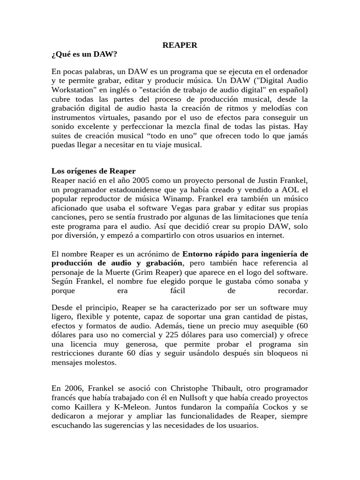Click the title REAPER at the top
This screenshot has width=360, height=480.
point(180,45)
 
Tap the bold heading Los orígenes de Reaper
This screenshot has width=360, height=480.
point(93,171)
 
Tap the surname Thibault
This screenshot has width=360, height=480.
point(203,389)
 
